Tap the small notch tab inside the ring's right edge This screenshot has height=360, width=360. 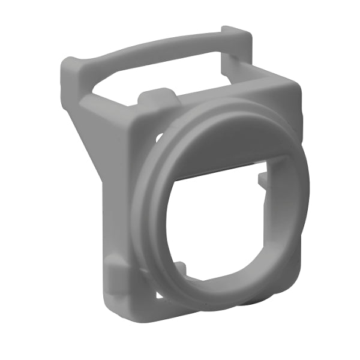point(263,179)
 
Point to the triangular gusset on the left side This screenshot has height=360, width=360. point(90,138)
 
